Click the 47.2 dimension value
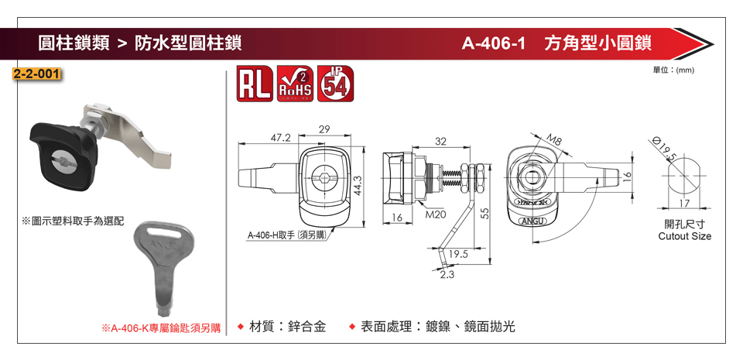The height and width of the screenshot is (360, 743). pyautogui.click(x=279, y=137)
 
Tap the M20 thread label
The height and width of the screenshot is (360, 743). pyautogui.click(x=436, y=214)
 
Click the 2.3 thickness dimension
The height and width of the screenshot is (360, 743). pyautogui.click(x=446, y=275)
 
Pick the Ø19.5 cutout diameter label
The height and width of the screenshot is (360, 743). pyautogui.click(x=665, y=147)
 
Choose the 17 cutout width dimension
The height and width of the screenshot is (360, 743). pyautogui.click(x=683, y=204)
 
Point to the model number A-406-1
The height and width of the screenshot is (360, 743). pyautogui.click(x=494, y=43)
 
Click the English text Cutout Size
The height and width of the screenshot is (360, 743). pyautogui.click(x=684, y=236)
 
